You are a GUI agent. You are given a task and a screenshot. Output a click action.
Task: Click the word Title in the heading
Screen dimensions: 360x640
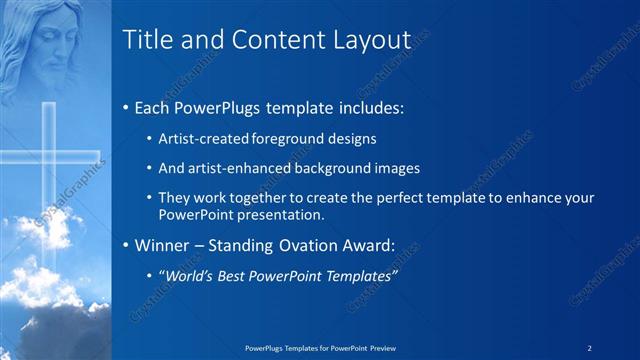[146, 40]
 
